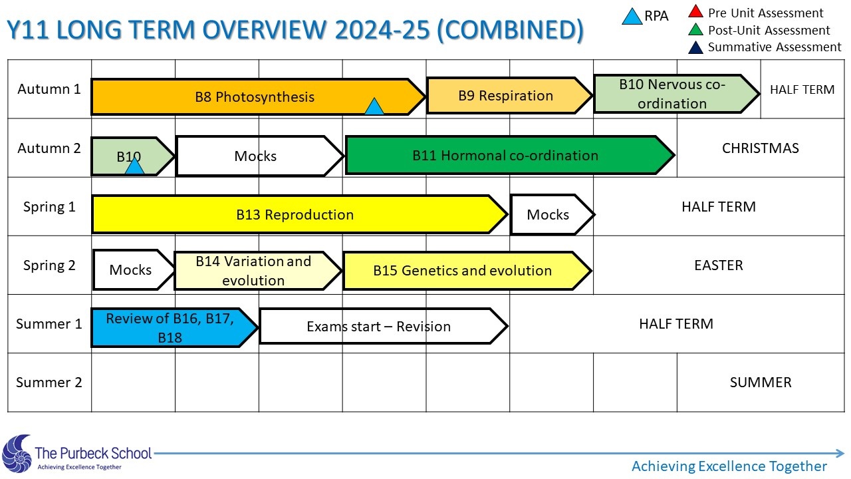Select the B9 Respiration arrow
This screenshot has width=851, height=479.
pyautogui.click(x=509, y=95)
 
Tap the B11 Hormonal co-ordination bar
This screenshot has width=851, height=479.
pyautogui.click(x=509, y=155)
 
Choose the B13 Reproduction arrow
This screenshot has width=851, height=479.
pyautogui.click(x=299, y=214)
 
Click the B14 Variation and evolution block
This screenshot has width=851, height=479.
pyautogui.click(x=257, y=271)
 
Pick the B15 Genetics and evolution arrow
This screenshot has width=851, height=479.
pyautogui.click(x=467, y=271)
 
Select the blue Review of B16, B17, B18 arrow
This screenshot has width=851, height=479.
pyautogui.click(x=175, y=327)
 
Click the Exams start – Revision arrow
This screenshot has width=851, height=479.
pyautogui.click(x=384, y=326)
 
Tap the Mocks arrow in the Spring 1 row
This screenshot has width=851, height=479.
pyautogui.click(x=552, y=214)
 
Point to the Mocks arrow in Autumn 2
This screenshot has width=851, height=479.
pyautogui.click(x=260, y=156)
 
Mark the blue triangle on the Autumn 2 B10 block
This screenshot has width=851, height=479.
pyautogui.click(x=134, y=167)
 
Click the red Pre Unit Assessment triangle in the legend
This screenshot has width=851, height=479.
pyautogui.click(x=695, y=12)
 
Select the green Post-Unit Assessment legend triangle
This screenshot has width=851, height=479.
pyautogui.click(x=695, y=30)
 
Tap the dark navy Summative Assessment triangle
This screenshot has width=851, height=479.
pyautogui.click(x=695, y=48)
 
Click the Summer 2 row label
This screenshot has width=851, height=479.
pyautogui.click(x=49, y=382)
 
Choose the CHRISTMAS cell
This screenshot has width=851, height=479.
pyautogui.click(x=760, y=148)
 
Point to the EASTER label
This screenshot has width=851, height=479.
pyautogui.click(x=719, y=265)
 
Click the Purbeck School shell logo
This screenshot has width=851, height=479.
pyautogui.click(x=17, y=453)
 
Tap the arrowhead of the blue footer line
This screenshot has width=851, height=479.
pyautogui.click(x=840, y=453)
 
